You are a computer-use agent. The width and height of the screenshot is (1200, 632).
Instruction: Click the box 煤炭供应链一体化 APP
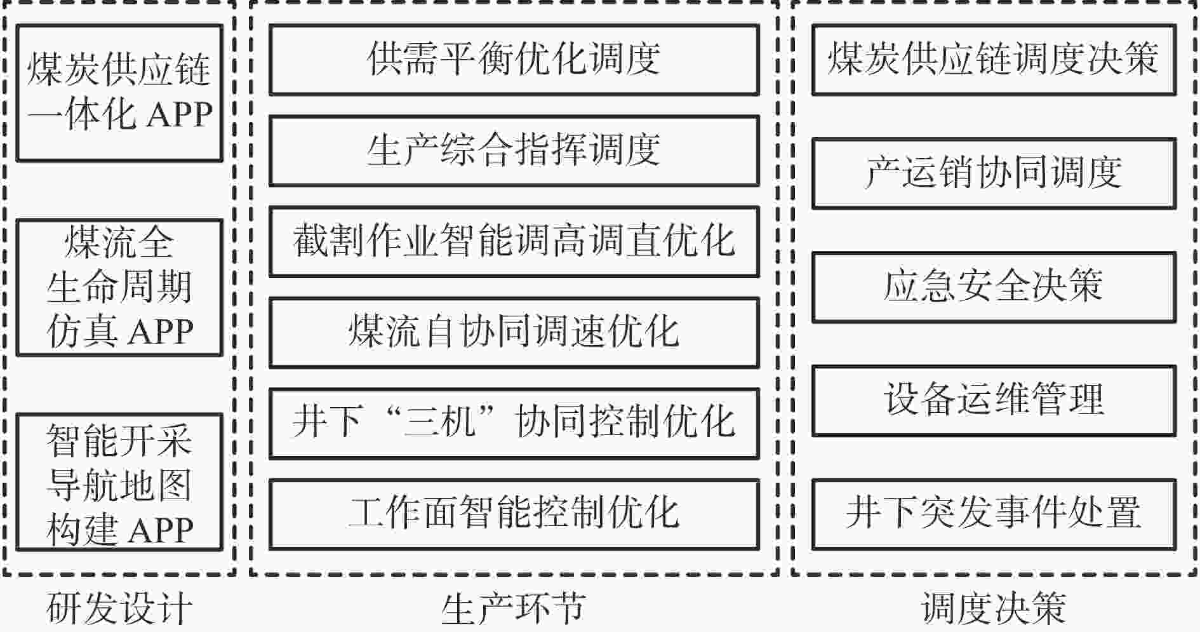[119, 93]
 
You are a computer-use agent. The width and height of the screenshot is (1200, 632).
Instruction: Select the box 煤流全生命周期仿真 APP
[119, 288]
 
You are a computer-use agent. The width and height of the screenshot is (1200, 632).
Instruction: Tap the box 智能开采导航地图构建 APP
[119, 482]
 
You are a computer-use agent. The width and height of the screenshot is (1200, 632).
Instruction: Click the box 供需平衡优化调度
[514, 60]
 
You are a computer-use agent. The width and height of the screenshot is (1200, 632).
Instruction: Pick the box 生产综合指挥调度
[514, 151]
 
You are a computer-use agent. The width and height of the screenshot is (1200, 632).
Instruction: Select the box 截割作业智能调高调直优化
[514, 241]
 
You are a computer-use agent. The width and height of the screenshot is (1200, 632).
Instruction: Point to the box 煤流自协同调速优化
[514, 332]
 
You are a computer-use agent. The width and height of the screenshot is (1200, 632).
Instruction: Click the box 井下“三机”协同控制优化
[514, 423]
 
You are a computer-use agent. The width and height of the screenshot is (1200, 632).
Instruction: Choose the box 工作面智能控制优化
[514, 514]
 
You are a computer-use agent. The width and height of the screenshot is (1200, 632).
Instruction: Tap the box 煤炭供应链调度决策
[994, 60]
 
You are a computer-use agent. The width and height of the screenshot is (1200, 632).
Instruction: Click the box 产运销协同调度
[994, 173]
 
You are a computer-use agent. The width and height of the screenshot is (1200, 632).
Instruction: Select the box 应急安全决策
[994, 287]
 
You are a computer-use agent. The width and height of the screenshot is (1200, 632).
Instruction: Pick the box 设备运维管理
[994, 401]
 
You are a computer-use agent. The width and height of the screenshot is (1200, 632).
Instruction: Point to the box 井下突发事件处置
[994, 514]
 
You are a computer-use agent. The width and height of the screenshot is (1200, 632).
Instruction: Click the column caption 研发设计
[119, 608]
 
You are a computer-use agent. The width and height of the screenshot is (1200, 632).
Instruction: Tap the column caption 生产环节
[514, 608]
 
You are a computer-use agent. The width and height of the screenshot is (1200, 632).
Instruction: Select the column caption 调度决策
[994, 608]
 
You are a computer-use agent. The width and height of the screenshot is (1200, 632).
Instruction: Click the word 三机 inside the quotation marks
[440, 422]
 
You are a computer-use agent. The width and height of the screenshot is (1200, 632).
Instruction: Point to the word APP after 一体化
[180, 115]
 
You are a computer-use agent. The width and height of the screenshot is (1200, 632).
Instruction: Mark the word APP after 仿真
[161, 332]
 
